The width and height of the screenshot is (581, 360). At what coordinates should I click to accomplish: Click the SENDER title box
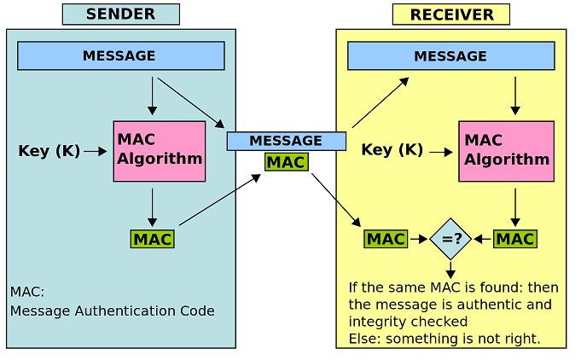point(120,15)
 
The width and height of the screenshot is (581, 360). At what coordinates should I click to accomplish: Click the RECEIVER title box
point(450,15)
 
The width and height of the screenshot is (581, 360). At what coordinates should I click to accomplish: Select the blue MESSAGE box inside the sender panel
point(120,56)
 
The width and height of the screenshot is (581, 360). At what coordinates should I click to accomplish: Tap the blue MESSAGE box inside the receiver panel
point(450,57)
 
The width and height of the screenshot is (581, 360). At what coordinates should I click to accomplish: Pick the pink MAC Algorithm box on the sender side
point(160,150)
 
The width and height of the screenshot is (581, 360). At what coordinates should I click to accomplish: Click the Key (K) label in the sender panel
point(49,151)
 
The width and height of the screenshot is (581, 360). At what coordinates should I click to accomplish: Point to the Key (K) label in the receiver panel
point(392,150)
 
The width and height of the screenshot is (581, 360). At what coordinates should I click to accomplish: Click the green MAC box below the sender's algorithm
point(152,239)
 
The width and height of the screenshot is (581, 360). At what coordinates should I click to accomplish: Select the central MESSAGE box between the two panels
point(286,141)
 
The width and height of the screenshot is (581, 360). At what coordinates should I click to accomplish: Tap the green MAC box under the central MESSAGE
point(286,161)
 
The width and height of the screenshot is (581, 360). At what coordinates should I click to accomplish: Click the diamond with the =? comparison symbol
point(450,239)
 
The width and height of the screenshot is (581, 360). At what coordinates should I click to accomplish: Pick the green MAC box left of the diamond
point(386,239)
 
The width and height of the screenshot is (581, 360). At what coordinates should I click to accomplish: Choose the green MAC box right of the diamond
point(515,239)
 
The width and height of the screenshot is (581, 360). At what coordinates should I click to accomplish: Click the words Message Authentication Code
point(112,311)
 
